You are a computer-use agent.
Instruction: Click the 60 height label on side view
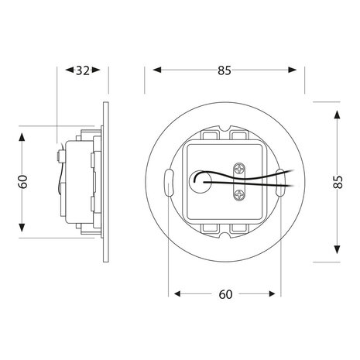24,183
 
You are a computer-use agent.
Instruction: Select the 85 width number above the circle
224,71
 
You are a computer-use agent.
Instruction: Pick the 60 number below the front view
225,294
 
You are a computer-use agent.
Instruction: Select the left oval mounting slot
170,184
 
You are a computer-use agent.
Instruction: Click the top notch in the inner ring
225,127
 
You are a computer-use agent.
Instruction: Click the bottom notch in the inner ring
225,241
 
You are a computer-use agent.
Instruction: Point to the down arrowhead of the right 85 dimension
338,253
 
